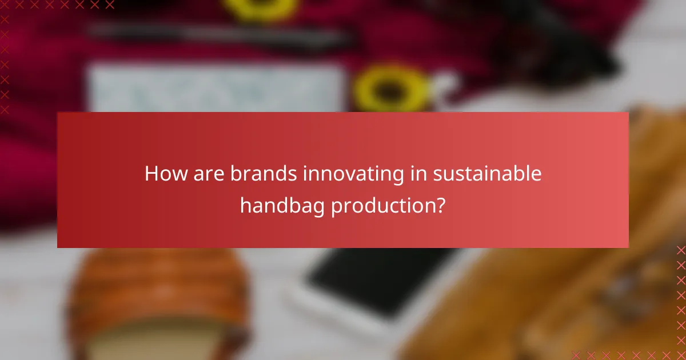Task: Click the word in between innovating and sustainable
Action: [418, 174]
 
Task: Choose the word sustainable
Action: [487, 174]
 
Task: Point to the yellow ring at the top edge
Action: [261, 7]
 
